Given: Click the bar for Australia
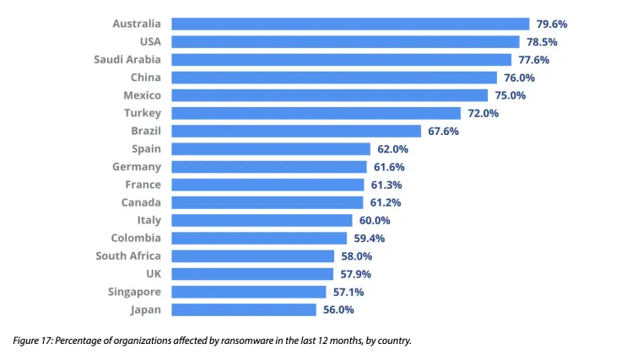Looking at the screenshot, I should (x=349, y=24).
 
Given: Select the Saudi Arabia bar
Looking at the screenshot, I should (x=341, y=60).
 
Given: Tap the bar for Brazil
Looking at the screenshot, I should (x=295, y=131).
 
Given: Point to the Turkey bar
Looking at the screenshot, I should (x=316, y=113).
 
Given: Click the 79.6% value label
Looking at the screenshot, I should (x=553, y=24).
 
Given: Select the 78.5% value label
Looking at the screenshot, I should (x=543, y=41).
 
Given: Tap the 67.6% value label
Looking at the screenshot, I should (x=445, y=131).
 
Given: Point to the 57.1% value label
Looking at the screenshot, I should (x=349, y=292).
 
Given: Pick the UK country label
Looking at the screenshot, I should (x=153, y=274).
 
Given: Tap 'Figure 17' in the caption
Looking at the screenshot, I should (x=33, y=341).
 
